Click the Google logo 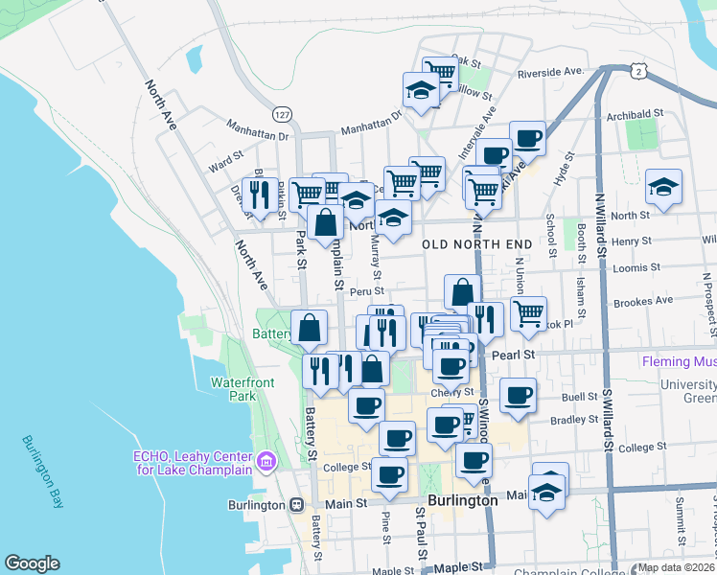point(32,563)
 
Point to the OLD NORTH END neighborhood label point(475,244)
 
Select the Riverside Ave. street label point(550,72)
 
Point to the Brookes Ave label point(643,300)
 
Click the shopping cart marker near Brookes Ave point(528,313)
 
